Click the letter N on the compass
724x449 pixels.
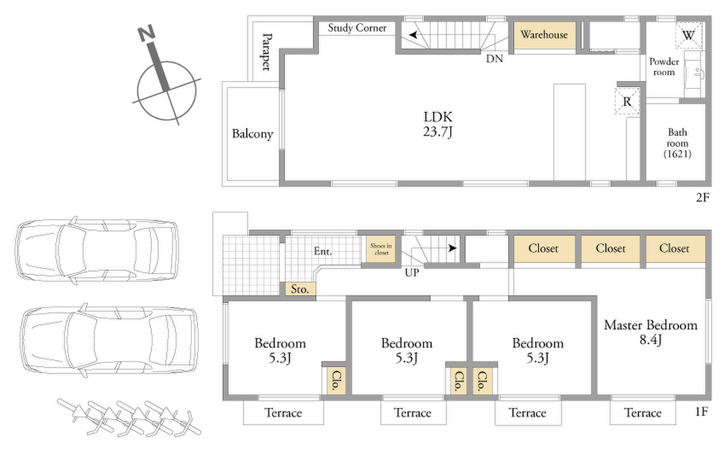(146, 33)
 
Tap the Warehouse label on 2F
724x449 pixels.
(544, 35)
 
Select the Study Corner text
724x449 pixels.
(357, 28)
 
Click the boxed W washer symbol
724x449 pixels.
(688, 35)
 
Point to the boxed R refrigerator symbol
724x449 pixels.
(627, 101)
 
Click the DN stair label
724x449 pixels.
(494, 58)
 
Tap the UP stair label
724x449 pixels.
(412, 273)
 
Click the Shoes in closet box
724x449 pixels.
(381, 249)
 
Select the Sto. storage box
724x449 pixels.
(300, 289)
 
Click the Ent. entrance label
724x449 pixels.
(323, 251)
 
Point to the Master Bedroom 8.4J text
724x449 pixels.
(650, 332)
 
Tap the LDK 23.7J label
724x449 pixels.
(438, 125)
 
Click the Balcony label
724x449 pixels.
(252, 134)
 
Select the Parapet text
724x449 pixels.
(266, 52)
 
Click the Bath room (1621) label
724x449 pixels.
(678, 143)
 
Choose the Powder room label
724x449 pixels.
(664, 67)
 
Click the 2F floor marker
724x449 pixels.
(703, 198)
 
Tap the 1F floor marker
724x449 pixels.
(701, 412)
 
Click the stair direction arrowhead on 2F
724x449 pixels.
(413, 35)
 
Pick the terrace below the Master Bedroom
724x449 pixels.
(643, 412)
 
